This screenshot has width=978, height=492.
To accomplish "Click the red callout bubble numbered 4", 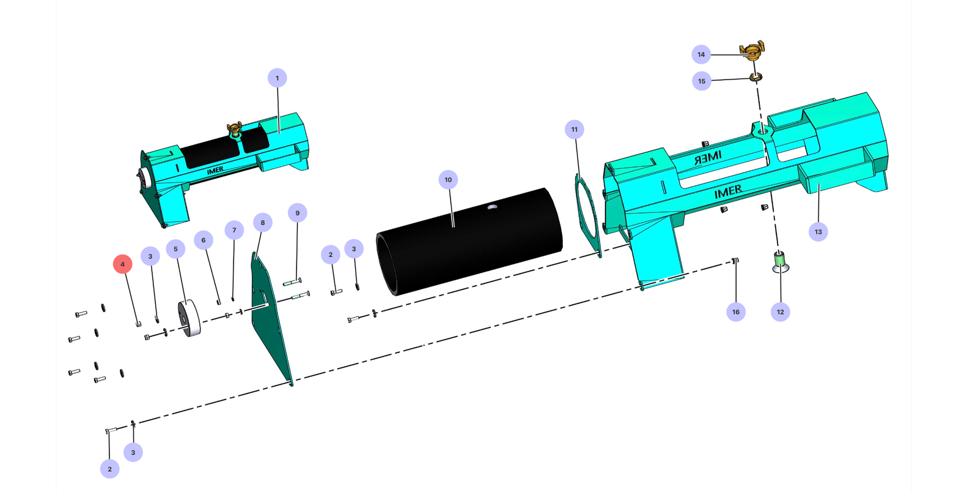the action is coord(123,264).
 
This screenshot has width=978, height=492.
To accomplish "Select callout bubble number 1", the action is coord(278,78).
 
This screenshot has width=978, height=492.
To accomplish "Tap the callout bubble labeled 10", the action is coord(448,179).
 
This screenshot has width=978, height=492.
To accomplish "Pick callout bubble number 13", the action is coord(818,231).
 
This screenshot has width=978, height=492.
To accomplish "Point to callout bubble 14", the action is coord(701,54).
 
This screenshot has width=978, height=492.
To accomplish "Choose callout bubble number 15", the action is coord(702,81).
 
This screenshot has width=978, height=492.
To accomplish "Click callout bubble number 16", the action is coord(736,312).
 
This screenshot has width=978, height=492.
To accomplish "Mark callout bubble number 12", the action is coord(780,312).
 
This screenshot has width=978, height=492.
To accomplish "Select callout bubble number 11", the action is coord(574,129).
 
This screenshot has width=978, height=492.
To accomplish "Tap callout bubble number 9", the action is coord(297,213).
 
